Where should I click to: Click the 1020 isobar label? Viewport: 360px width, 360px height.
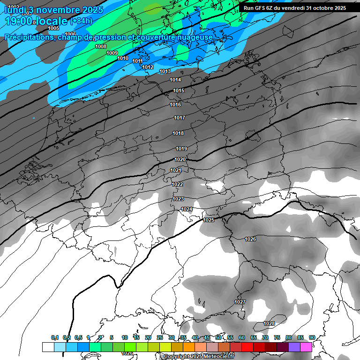(x=180, y=159)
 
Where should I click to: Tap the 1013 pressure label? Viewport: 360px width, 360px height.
(x=165, y=71)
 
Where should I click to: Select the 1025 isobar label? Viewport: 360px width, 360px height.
(x=209, y=220)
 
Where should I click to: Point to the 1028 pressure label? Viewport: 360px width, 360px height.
(x=269, y=324)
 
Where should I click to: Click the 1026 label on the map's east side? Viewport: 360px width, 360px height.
(x=251, y=239)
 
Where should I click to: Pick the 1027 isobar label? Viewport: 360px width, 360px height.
(x=240, y=302)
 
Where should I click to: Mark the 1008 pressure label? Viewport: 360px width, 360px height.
(x=101, y=46)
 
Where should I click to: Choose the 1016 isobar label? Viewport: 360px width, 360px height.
(x=176, y=105)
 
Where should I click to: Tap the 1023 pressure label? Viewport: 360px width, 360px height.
(x=178, y=199)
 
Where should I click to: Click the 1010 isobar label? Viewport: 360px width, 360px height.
(x=123, y=58)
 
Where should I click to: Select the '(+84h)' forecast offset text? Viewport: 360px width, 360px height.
(x=81, y=21)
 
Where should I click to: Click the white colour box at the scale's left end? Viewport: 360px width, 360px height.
(x=48, y=347)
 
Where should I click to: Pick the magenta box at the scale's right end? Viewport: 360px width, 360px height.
(x=306, y=347)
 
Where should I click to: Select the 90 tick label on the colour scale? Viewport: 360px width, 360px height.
(x=312, y=338)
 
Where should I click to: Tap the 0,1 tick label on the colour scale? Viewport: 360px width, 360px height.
(x=55, y=338)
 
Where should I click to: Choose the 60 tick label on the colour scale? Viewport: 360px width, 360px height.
(x=242, y=338)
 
